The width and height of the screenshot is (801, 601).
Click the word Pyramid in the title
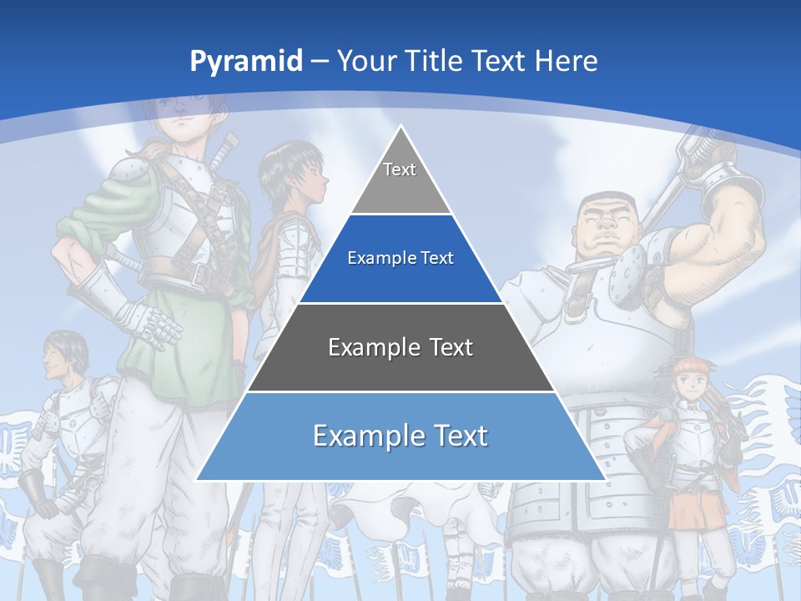coord(245,62)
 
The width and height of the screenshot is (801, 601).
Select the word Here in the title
coord(567,62)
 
